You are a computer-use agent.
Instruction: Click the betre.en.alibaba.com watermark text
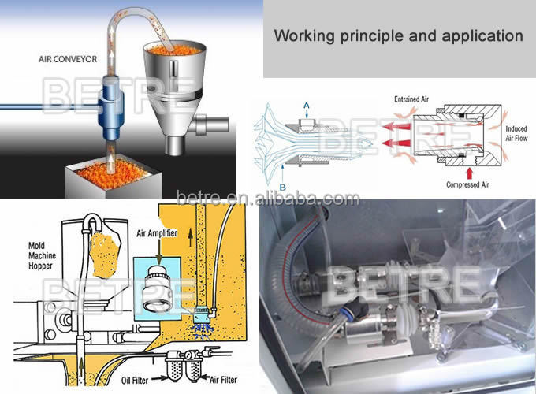(x=268, y=197)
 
